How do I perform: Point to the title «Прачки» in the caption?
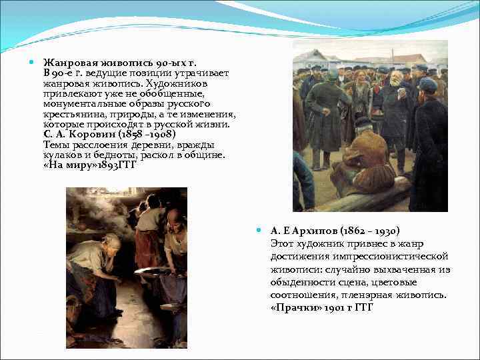pos(294,307)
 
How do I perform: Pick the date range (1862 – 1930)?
pos(371,231)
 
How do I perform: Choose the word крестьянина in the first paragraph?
pos(73,114)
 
